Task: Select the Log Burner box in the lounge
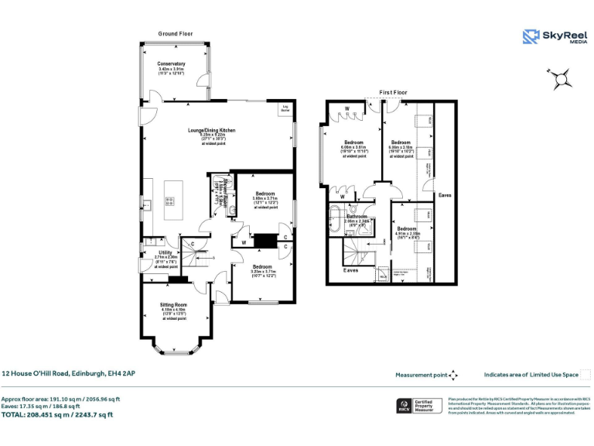coord(285,109)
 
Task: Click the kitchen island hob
coord(169,202)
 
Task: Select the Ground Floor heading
coord(176,34)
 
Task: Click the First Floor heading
coord(393,92)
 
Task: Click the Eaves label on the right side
coord(445,195)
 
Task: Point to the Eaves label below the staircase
coord(351,269)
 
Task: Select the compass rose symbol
coord(562,76)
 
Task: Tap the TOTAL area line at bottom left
coord(57,414)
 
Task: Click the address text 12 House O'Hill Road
coord(68,373)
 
